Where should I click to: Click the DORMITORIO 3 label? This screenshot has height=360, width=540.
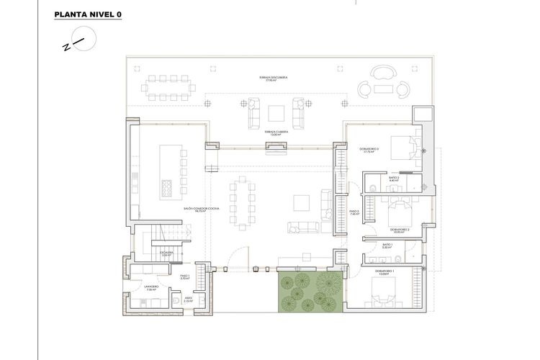pos(369,150)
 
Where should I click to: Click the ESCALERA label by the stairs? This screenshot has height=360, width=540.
pos(166,253)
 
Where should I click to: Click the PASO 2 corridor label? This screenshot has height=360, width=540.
pos(354,213)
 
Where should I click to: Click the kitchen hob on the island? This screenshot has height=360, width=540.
pos(165,188)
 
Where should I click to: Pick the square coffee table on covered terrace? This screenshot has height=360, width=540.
pos(276,113)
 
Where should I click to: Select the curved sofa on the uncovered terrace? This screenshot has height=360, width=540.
pos(382,73)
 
